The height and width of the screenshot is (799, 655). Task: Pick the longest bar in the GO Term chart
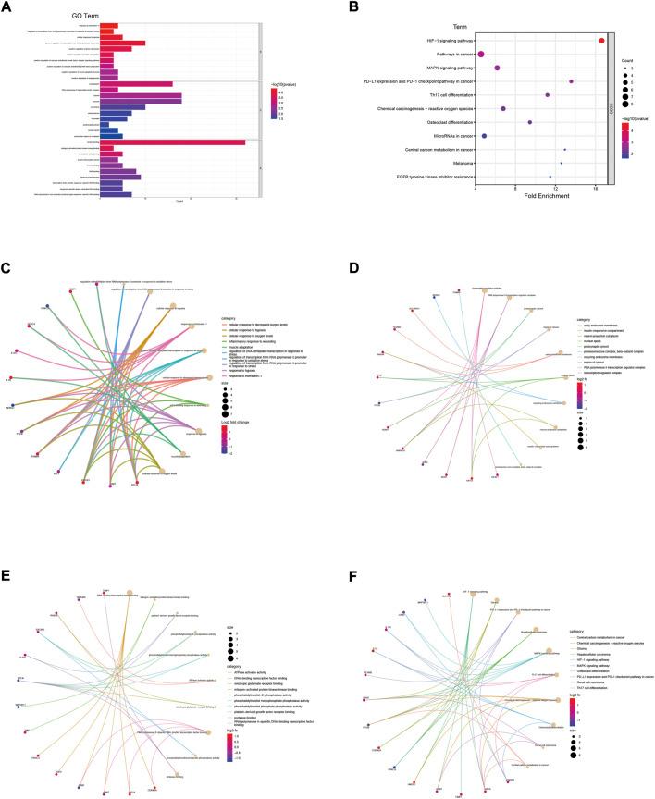tap(172, 142)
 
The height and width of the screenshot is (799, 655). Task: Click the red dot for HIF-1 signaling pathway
tap(601, 40)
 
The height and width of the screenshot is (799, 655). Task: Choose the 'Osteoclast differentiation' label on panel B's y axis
tap(444, 122)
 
